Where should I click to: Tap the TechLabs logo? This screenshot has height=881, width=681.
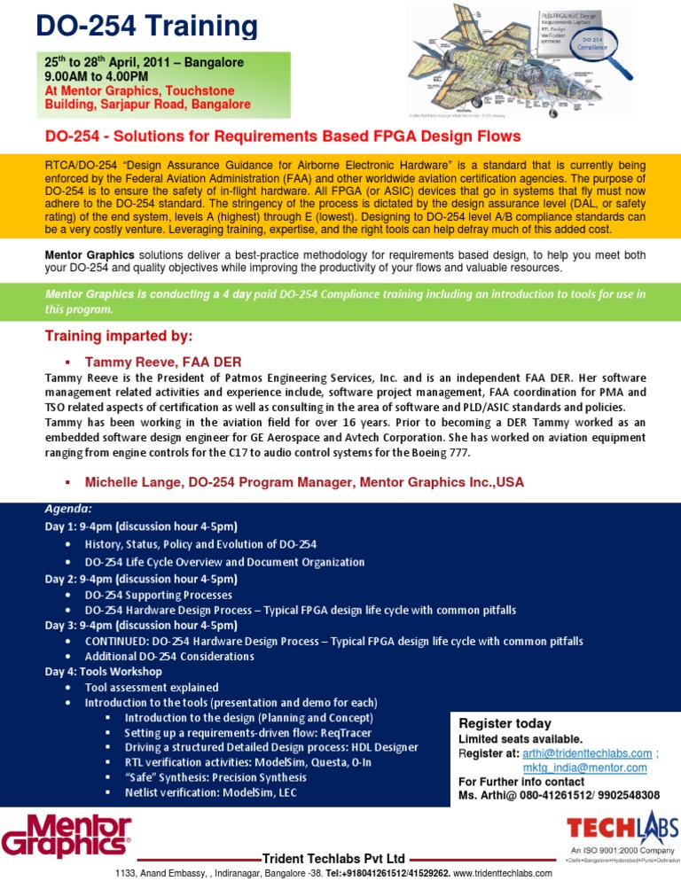(x=622, y=830)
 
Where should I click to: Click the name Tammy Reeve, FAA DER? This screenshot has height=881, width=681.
(x=162, y=362)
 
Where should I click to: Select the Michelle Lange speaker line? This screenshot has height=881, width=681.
(x=304, y=482)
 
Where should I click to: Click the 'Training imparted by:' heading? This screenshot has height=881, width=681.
(x=119, y=336)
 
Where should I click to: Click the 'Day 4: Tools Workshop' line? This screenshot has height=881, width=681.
(x=112, y=671)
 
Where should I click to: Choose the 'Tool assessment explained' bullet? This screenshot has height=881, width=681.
(x=151, y=687)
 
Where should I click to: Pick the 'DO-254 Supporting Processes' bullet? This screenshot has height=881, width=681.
(x=158, y=595)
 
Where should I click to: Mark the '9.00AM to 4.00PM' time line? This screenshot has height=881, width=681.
(x=97, y=77)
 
